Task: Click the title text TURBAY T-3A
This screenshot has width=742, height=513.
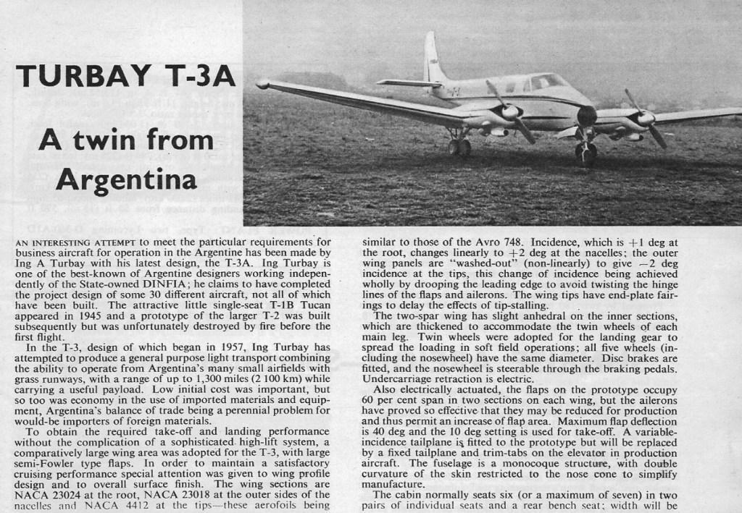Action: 125,75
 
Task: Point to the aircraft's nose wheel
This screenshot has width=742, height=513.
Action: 585,151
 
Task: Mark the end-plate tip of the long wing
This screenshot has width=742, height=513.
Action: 262,85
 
